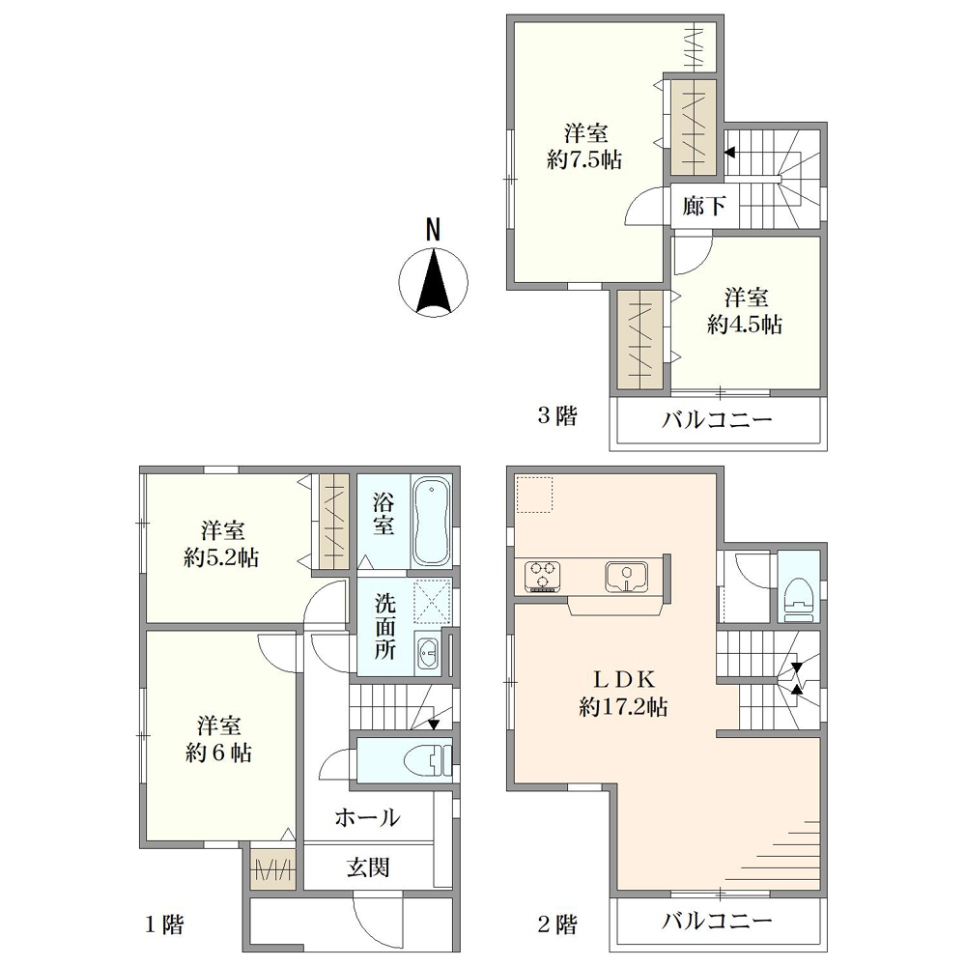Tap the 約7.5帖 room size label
click(x=584, y=160)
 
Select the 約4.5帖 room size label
click(x=745, y=325)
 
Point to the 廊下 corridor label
click(x=703, y=206)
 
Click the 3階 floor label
click(x=558, y=415)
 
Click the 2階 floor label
click(x=558, y=924)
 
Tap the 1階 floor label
click(x=164, y=924)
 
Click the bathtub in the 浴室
click(x=431, y=522)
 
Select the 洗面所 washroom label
click(x=385, y=627)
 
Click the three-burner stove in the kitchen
click(x=543, y=576)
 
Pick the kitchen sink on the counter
click(x=626, y=577)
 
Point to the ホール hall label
click(x=368, y=818)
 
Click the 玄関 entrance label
click(x=368, y=867)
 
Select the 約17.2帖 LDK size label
click(x=623, y=707)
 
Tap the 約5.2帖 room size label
click(x=221, y=558)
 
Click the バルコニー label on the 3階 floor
click(x=717, y=421)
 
